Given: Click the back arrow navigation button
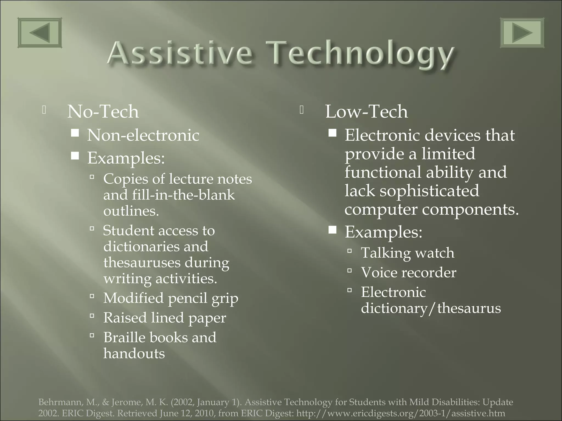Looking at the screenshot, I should (40, 33).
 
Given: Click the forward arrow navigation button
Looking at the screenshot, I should (522, 33).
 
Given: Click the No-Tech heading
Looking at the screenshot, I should (103, 112).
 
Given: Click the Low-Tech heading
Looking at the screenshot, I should (366, 112).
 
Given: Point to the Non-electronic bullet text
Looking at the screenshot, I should (143, 135).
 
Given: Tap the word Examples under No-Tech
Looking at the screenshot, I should (126, 158).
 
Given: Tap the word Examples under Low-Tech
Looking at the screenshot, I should (383, 232).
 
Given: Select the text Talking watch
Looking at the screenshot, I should (408, 253).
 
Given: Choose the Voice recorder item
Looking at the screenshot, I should (409, 272).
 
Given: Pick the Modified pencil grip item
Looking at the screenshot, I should (171, 298).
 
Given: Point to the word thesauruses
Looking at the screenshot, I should (142, 263).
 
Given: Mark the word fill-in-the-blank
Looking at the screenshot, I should (183, 195).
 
